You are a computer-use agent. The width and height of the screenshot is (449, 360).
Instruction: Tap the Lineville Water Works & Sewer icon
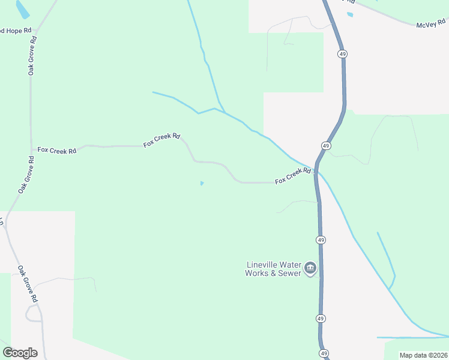[x=310, y=268]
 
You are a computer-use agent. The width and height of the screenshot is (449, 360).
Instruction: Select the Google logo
[x=20, y=352]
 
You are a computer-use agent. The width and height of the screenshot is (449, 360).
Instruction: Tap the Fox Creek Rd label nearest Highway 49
[x=293, y=176]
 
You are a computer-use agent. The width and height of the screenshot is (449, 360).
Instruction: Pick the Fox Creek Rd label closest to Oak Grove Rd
[x=57, y=150]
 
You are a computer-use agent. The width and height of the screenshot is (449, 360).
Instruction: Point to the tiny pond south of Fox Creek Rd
[x=202, y=183]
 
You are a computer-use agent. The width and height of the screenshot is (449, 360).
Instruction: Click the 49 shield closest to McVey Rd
[x=342, y=54]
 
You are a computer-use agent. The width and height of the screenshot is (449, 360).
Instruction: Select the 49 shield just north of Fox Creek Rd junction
[x=325, y=146]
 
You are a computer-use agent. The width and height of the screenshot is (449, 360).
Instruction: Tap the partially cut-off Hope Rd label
[x=15, y=30]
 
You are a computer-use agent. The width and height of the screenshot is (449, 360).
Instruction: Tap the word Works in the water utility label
[x=259, y=273]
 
